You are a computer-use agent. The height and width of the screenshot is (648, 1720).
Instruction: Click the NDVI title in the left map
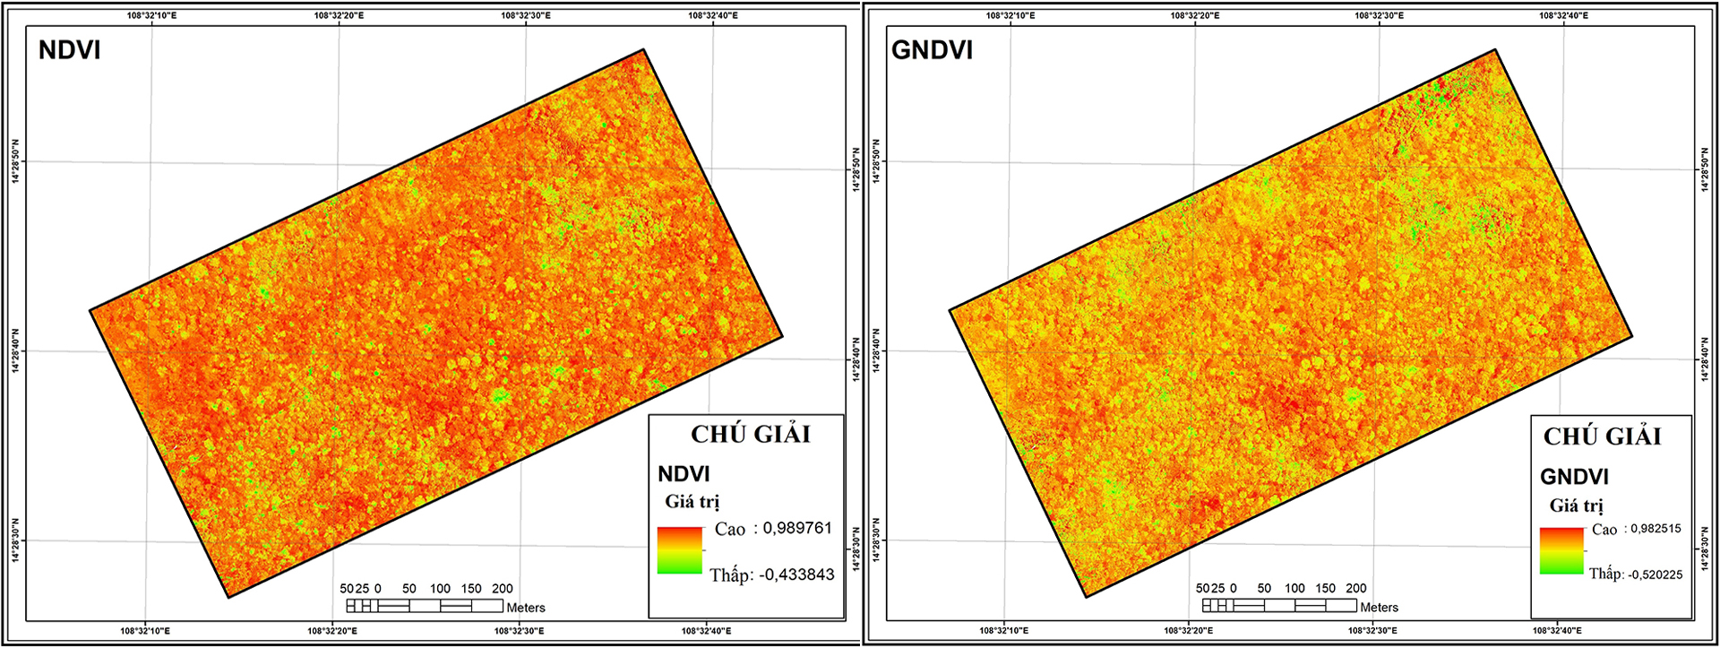(69, 50)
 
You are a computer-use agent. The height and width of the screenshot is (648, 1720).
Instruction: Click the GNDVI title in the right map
(932, 50)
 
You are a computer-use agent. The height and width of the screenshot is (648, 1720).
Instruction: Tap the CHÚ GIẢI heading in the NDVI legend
(751, 435)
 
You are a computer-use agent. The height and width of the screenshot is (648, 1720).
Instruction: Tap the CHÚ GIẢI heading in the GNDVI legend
(1602, 436)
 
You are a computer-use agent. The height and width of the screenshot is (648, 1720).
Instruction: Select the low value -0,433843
(796, 575)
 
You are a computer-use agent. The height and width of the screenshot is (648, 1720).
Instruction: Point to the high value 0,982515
(1655, 529)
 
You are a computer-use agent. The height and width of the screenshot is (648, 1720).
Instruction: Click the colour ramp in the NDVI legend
(680, 550)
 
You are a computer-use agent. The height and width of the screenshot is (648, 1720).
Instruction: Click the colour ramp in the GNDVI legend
(1561, 551)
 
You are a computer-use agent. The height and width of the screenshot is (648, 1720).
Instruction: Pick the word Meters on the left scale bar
(526, 608)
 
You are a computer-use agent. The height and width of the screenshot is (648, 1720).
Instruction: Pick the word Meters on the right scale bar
(1380, 608)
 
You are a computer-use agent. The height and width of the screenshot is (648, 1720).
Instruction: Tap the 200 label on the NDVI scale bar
(503, 589)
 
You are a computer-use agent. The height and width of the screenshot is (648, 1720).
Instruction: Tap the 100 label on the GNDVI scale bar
(1294, 589)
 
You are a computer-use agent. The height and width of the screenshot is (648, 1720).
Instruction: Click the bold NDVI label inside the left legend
(684, 474)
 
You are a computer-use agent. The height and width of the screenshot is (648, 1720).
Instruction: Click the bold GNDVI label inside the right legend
(1574, 477)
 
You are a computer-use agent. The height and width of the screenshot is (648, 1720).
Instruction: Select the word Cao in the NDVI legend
(730, 530)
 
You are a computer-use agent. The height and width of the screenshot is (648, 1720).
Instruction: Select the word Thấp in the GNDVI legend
(1605, 574)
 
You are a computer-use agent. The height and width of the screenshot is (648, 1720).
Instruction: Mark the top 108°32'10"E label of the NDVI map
(151, 15)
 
